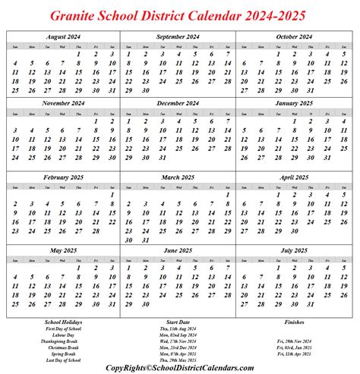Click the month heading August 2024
63,36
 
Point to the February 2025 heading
63,176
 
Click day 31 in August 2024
112,90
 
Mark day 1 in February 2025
112,195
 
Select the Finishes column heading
294,322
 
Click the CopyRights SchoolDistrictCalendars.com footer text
179,367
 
